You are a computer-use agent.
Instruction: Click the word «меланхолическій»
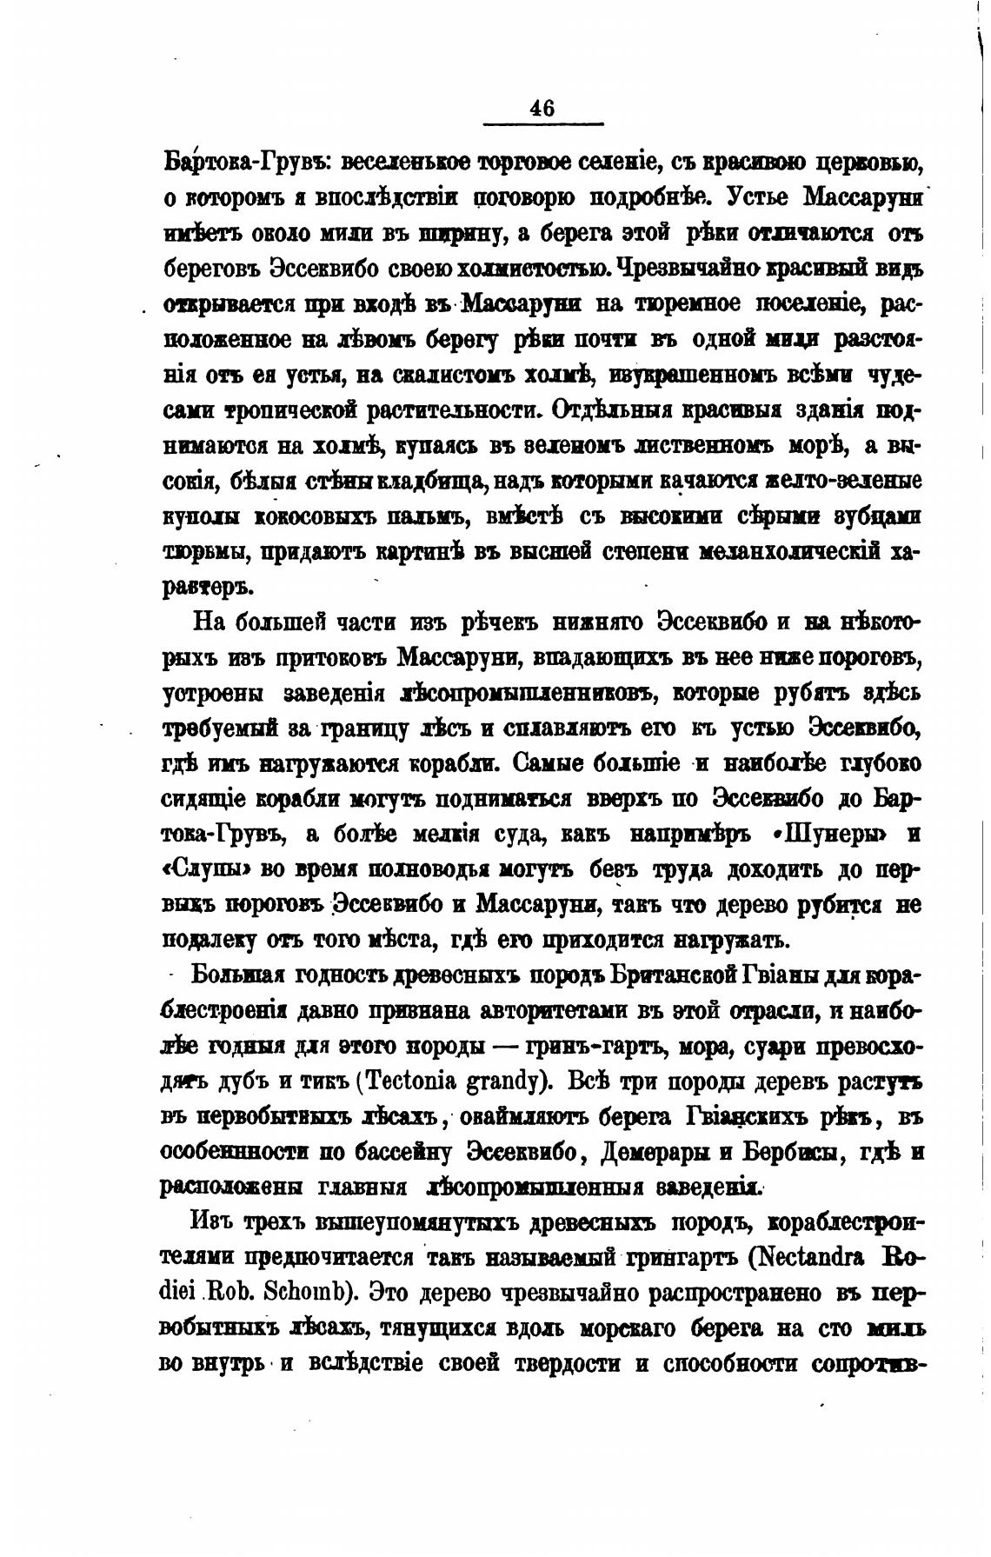[x=791, y=551]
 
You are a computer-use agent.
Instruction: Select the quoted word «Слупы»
[x=207, y=870]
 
